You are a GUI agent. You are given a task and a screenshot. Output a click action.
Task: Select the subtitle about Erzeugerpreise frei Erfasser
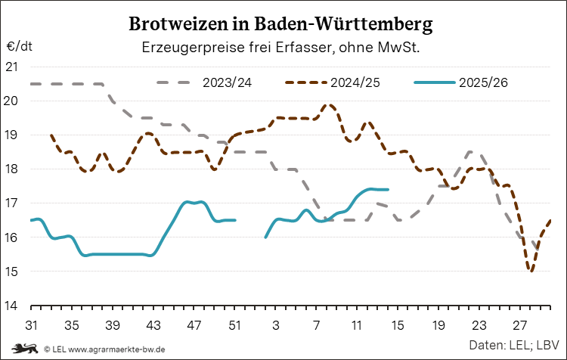[x=281, y=48]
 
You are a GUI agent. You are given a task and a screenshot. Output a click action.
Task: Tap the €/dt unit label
[x=20, y=45]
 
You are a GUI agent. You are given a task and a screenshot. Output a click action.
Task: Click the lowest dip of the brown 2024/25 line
[x=531, y=271]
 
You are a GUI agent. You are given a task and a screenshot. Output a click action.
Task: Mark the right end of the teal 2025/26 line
[x=388, y=190]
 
